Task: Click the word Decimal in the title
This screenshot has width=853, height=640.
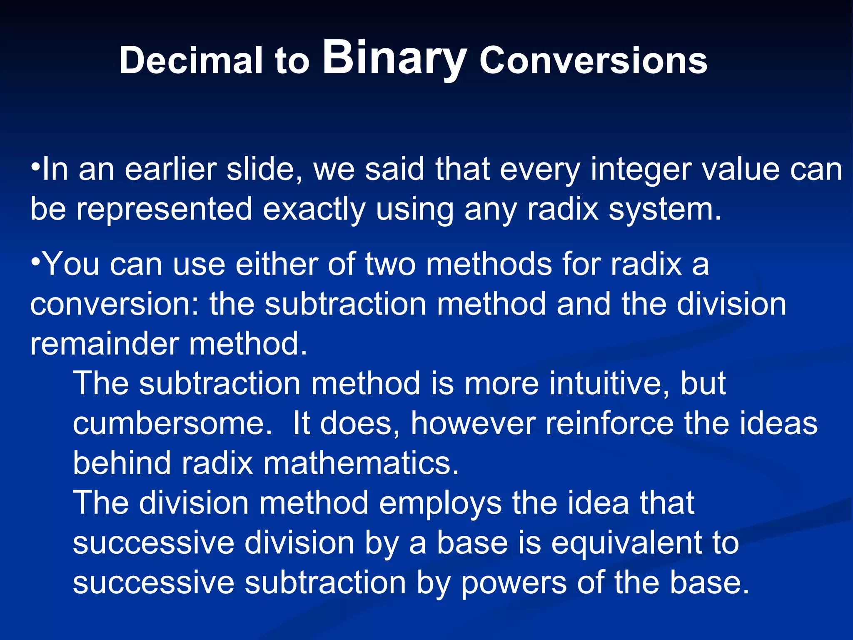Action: (x=191, y=61)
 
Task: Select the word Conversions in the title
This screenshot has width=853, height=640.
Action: (x=593, y=61)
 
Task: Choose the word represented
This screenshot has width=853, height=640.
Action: (x=164, y=209)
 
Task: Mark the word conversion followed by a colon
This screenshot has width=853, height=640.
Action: (x=115, y=304)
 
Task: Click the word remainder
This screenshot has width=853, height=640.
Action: (x=104, y=344)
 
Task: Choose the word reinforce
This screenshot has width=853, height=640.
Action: (x=609, y=423)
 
